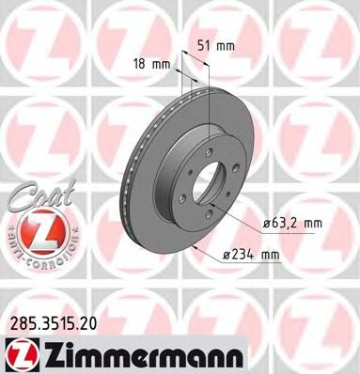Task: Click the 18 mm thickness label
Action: pos(149,65)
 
